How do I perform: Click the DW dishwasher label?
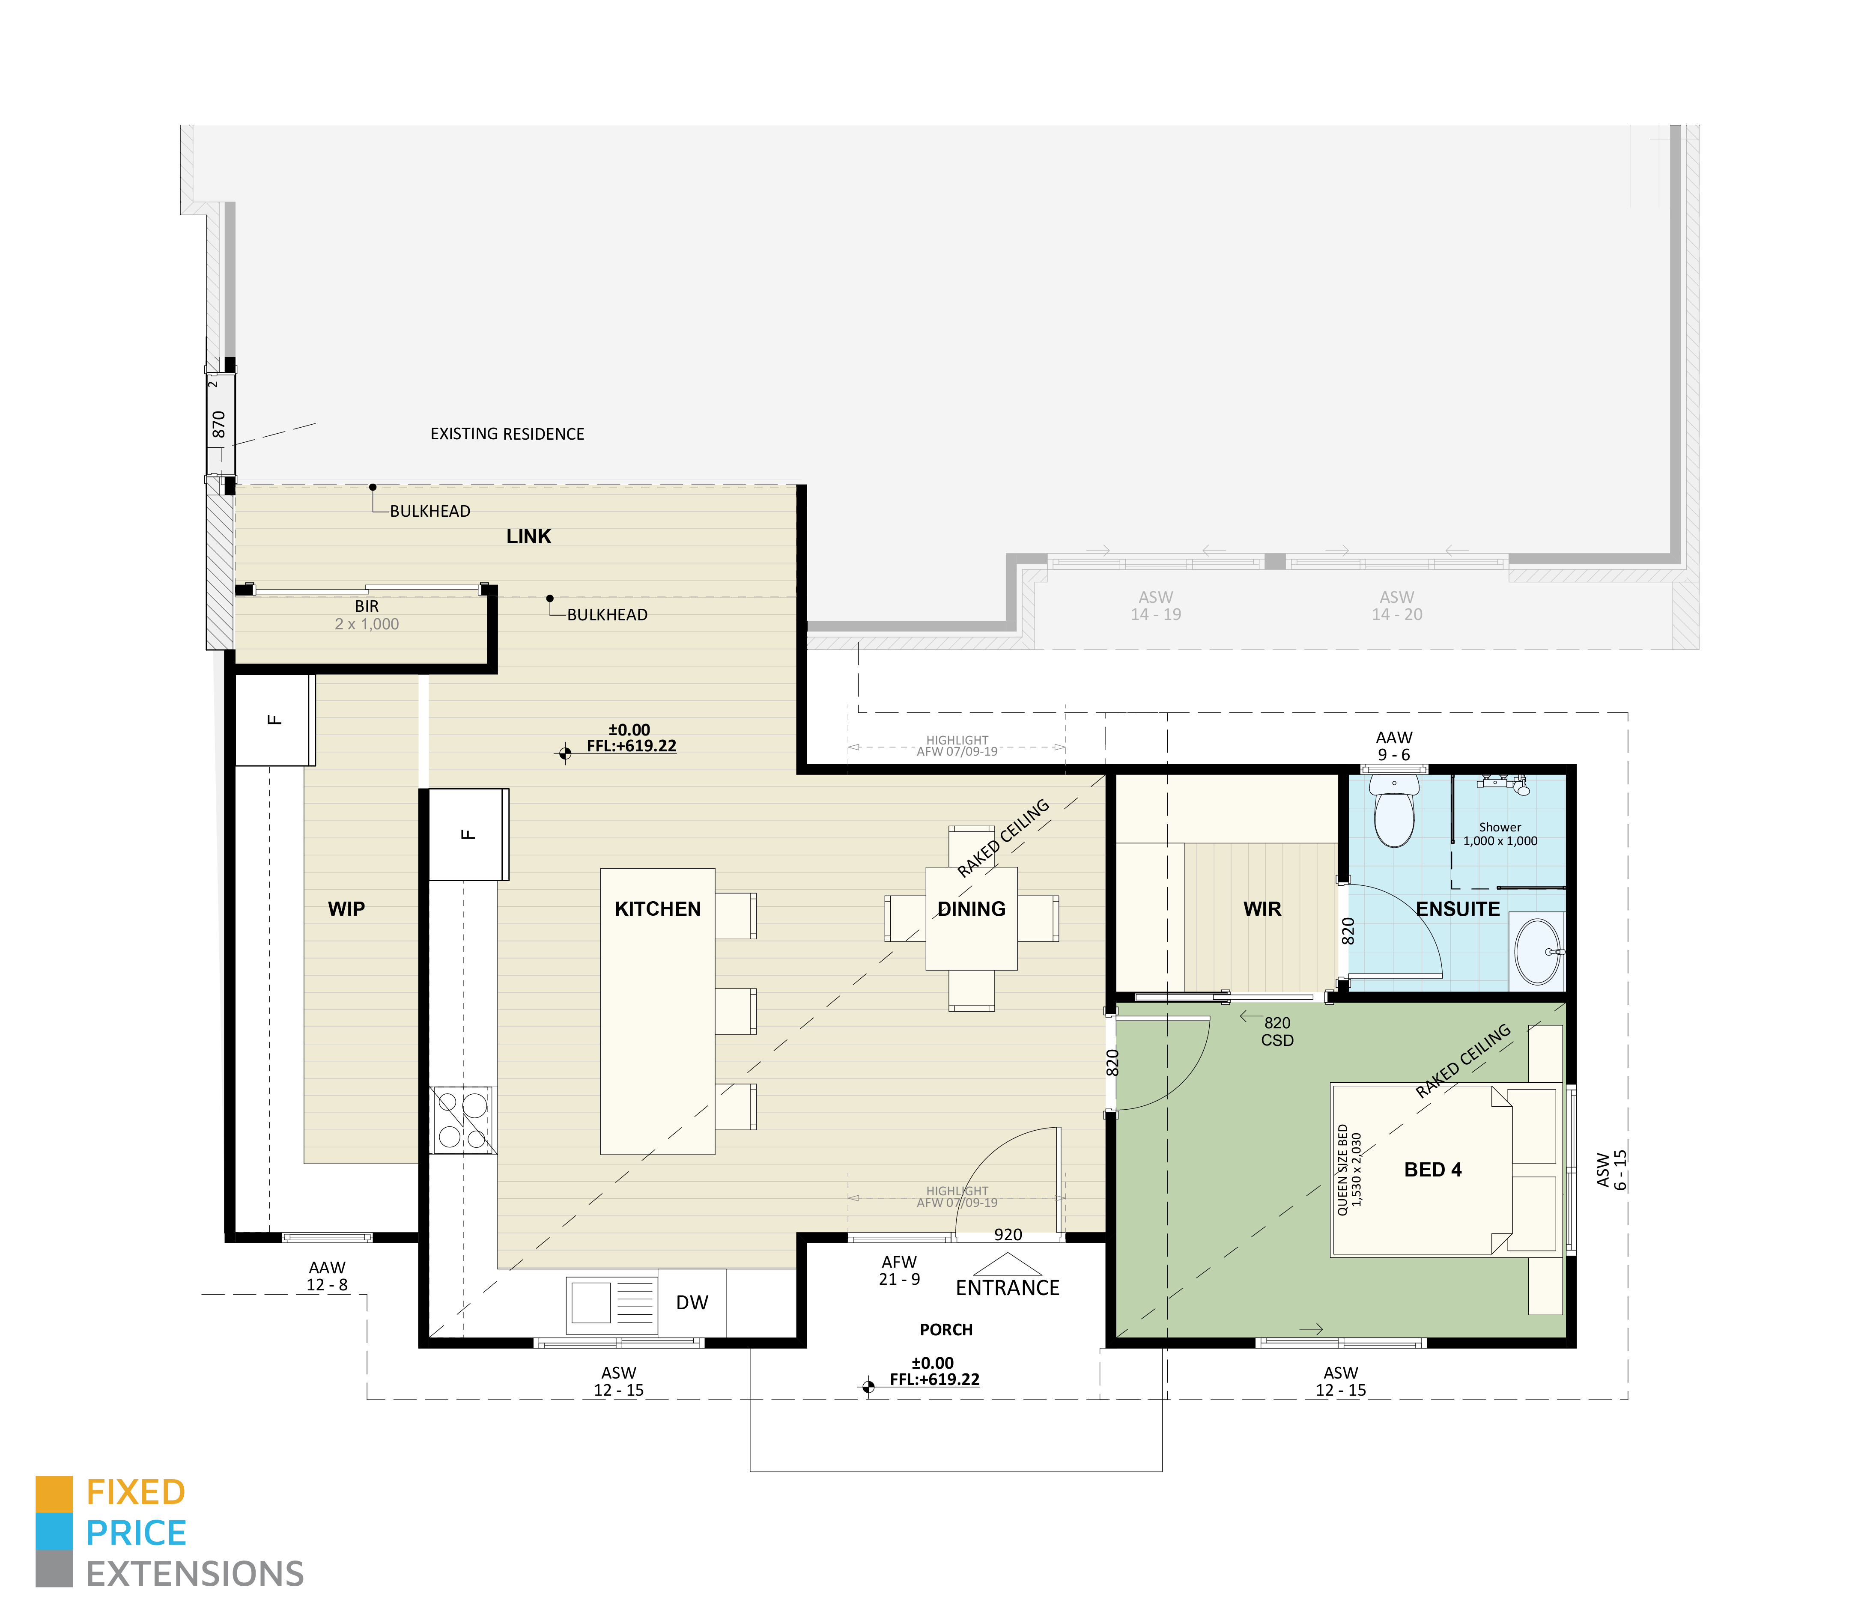coord(692,1302)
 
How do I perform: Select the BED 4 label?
coord(1432,1169)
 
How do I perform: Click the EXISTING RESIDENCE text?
coord(507,434)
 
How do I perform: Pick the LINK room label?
coord(528,536)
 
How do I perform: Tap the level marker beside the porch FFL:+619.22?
coord(868,1386)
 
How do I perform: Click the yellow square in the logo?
coord(54,1493)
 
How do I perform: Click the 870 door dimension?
coord(218,424)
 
